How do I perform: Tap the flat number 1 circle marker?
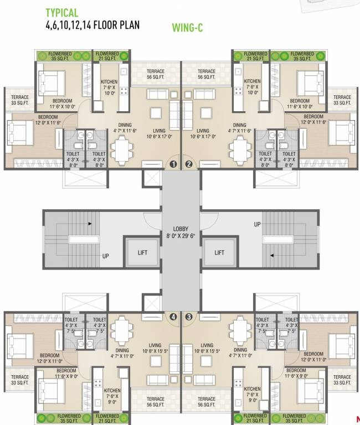[173, 164]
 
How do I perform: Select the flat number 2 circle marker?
[189, 164]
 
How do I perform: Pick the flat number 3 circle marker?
[189, 317]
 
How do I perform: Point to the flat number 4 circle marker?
[173, 317]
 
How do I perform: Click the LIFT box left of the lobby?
[142, 252]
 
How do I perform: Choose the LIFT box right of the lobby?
[219, 252]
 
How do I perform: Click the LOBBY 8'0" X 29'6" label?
[181, 232]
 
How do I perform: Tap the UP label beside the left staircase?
[105, 256]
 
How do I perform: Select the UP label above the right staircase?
[257, 224]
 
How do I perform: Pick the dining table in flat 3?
[240, 332]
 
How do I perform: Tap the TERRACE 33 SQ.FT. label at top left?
[19, 100]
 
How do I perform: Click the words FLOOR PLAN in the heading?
[116, 25]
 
